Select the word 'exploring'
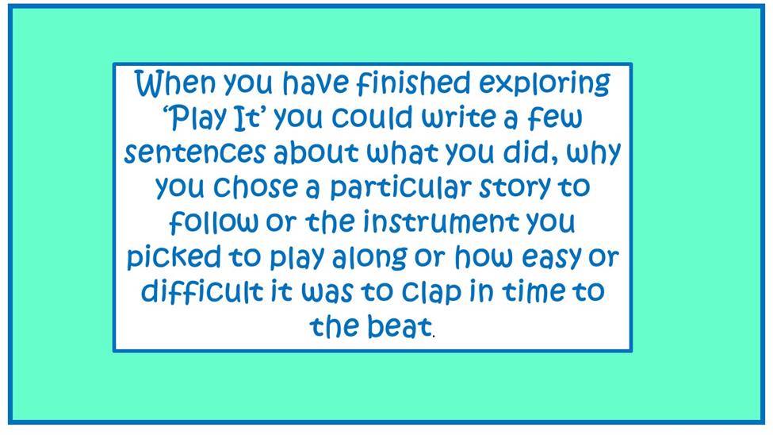tap(545, 85)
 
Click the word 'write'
tap(458, 117)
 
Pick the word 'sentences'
tap(195, 152)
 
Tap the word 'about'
tap(316, 152)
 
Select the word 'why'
tap(594, 154)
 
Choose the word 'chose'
tap(255, 187)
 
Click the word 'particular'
tap(401, 189)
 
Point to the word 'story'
tap(515, 189)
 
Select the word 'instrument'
tap(442, 222)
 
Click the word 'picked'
tap(174, 258)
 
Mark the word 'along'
tap(369, 258)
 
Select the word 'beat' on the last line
tap(400, 326)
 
